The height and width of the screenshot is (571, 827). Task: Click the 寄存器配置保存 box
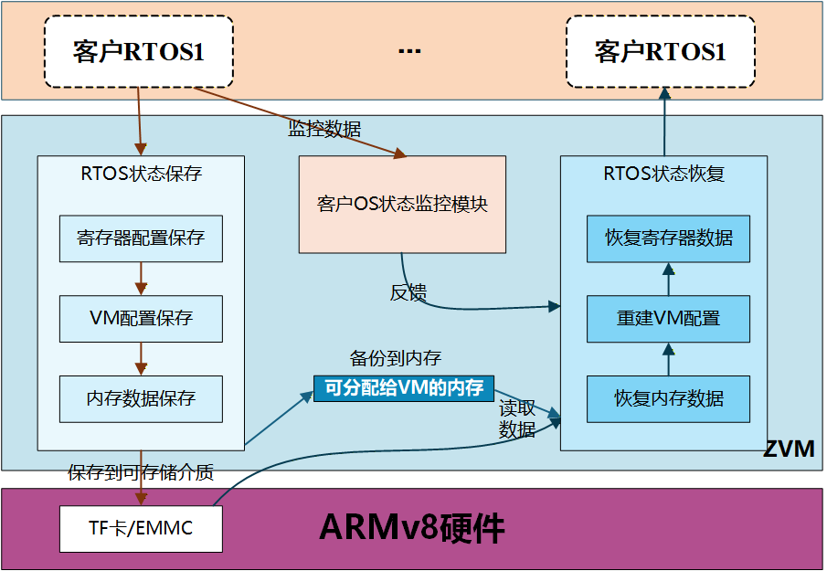pyautogui.click(x=141, y=238)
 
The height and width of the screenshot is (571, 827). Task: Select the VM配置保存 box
pyautogui.click(x=141, y=318)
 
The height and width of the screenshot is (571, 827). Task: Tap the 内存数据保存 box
pyautogui.click(x=141, y=398)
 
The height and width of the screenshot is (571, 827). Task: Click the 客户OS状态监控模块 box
pyautogui.click(x=402, y=204)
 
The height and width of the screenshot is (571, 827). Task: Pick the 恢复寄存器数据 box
pyautogui.click(x=668, y=238)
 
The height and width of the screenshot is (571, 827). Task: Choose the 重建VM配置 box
pyautogui.click(x=668, y=318)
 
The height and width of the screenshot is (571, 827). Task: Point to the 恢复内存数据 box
pyautogui.click(x=668, y=398)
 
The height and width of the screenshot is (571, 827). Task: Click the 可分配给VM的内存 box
pyautogui.click(x=403, y=387)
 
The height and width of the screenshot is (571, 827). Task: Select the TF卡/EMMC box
pyautogui.click(x=141, y=528)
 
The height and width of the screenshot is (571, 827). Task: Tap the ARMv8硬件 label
pyautogui.click(x=411, y=528)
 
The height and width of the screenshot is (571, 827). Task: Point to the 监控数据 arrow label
pyautogui.click(x=324, y=129)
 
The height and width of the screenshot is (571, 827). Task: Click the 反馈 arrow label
pyautogui.click(x=408, y=292)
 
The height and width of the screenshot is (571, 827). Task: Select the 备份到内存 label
pyautogui.click(x=395, y=357)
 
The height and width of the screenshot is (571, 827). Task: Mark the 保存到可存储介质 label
pyautogui.click(x=141, y=472)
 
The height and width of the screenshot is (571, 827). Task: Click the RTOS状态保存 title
pyautogui.click(x=141, y=173)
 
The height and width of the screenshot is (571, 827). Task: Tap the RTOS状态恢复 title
pyautogui.click(x=664, y=173)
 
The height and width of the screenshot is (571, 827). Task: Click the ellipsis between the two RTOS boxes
pyautogui.click(x=409, y=51)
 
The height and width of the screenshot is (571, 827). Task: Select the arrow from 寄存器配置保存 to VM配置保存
pyautogui.click(x=141, y=278)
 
